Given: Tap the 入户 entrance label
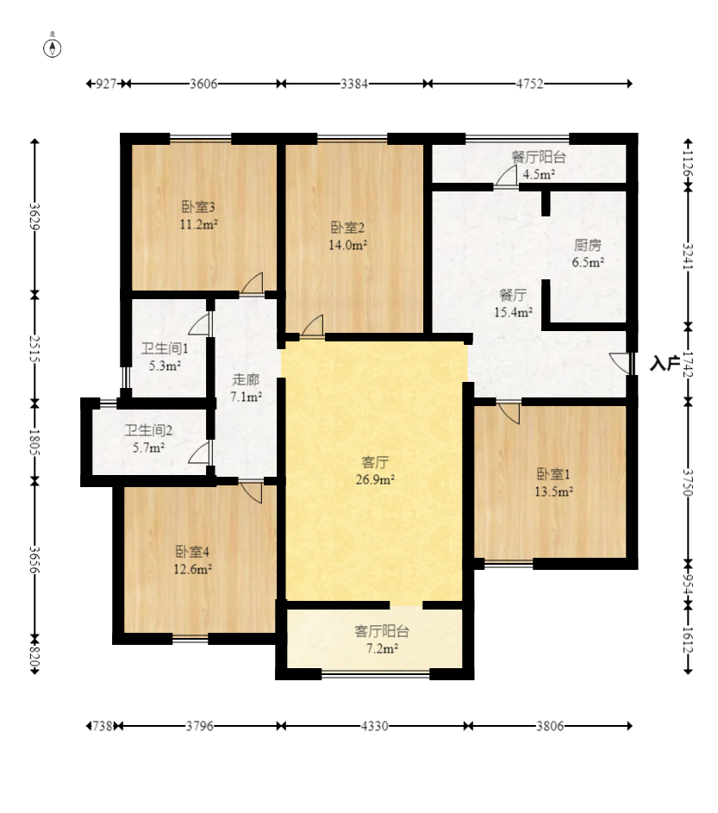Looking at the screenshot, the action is [x=665, y=364].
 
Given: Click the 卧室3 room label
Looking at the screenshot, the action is [x=198, y=207].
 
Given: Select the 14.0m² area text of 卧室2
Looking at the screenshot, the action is [x=348, y=245].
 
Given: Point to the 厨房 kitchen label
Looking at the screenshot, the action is [x=588, y=245].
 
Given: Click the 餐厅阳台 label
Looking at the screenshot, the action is [x=539, y=157].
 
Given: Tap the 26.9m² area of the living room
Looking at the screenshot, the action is [x=375, y=479].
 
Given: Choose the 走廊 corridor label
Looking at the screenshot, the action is [x=246, y=379].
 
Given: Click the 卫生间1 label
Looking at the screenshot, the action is [x=165, y=348].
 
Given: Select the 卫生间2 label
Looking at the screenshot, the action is [x=148, y=430].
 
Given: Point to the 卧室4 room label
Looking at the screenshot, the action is [x=192, y=551].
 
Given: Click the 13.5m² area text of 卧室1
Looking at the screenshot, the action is [x=553, y=491].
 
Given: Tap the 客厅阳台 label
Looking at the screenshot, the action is [x=382, y=631].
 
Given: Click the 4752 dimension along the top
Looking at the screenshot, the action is [x=529, y=84].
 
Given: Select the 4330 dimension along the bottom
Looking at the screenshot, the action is [x=374, y=726].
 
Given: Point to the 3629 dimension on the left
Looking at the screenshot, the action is [x=34, y=216].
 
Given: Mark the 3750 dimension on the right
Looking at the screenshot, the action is [x=688, y=483].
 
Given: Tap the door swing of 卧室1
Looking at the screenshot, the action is [x=509, y=413].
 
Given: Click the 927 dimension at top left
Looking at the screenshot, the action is [x=106, y=84].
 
